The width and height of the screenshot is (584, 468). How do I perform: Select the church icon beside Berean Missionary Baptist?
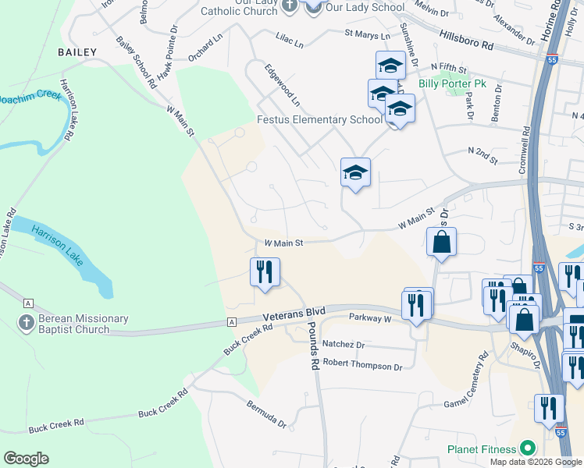click(x=25, y=322)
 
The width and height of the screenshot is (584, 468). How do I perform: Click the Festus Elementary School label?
click(x=320, y=119)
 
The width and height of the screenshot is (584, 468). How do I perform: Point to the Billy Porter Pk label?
click(x=452, y=83)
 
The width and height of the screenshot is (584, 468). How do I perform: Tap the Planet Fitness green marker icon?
click(x=528, y=448)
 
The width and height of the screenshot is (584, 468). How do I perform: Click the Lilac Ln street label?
click(x=289, y=41)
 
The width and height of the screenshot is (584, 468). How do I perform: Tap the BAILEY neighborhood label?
click(x=77, y=52)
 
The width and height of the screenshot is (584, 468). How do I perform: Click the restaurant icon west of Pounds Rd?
click(x=265, y=272)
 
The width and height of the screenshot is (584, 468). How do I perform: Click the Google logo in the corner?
click(x=27, y=458)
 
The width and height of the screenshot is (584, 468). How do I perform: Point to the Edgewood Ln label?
click(x=282, y=85)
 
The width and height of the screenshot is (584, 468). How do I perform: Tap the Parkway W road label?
click(x=370, y=318)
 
